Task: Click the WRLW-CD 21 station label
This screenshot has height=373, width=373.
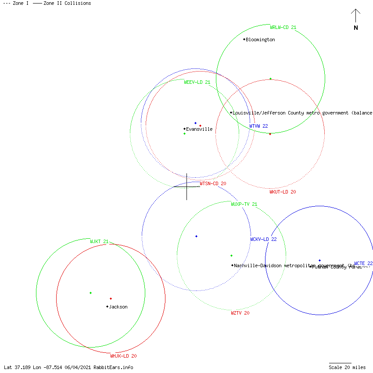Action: [283, 27]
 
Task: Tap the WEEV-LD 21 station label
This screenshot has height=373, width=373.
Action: [197, 82]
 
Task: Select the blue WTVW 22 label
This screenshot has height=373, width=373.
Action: [258, 126]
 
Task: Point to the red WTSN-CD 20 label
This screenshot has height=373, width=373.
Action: [213, 183]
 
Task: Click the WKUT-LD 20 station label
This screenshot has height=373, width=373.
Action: [283, 192]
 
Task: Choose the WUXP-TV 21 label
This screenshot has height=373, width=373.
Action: [244, 204]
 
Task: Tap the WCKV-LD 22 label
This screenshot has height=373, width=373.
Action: [263, 239]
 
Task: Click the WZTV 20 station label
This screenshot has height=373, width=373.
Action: [240, 313]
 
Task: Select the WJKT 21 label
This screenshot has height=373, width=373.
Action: [99, 241]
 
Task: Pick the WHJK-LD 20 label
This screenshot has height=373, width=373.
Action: [123, 356]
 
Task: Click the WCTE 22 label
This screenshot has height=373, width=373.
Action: [363, 263]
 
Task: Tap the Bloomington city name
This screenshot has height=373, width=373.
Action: [260, 39]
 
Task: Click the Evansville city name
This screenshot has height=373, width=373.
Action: [199, 129]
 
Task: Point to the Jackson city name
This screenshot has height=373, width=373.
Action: [118, 307]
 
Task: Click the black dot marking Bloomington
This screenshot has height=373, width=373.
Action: [244, 39]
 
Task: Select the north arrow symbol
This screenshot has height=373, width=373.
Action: [355, 18]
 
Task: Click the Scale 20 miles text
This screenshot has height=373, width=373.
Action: [347, 367]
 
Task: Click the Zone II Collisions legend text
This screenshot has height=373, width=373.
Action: [67, 3]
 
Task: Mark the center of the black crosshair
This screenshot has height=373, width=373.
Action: [186, 186]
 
